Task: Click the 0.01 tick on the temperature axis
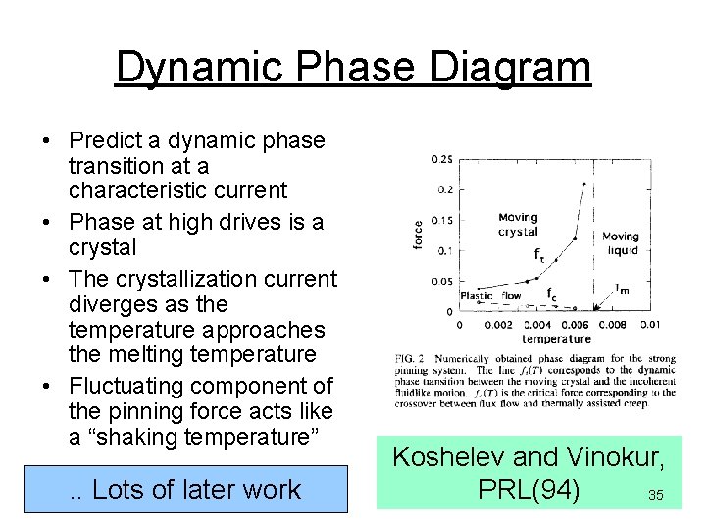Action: point(650,325)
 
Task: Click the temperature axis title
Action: point(556,339)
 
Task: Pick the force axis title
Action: point(420,237)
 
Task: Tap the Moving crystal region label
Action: point(518,225)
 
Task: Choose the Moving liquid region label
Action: point(620,243)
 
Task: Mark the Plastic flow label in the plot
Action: point(490,295)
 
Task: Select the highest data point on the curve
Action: point(585,184)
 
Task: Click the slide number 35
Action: point(655,496)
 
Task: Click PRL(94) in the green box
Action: point(529,488)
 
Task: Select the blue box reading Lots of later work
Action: point(185,489)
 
